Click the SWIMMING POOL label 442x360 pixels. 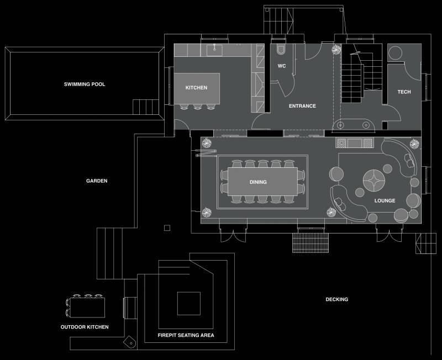(x=85, y=84)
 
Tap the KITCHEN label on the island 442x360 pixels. (x=196, y=88)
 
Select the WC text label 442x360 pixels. (x=282, y=66)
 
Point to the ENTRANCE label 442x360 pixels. (x=302, y=106)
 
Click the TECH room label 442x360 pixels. (x=404, y=92)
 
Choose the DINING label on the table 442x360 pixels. (x=258, y=182)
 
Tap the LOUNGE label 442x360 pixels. (x=385, y=200)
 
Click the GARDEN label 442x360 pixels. (x=97, y=181)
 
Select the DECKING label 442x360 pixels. (x=336, y=299)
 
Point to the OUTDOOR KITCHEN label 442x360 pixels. (x=85, y=327)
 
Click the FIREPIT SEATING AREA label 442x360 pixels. (x=186, y=335)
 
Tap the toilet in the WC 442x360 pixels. (x=281, y=49)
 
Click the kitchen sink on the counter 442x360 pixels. (x=214, y=50)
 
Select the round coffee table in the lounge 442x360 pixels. (x=374, y=181)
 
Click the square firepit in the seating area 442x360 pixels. (x=189, y=303)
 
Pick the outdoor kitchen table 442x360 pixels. (x=87, y=308)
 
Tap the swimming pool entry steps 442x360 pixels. (x=146, y=107)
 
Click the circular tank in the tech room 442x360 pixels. (x=395, y=52)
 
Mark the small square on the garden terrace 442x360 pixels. (x=167, y=228)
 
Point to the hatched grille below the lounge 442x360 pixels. (x=311, y=243)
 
